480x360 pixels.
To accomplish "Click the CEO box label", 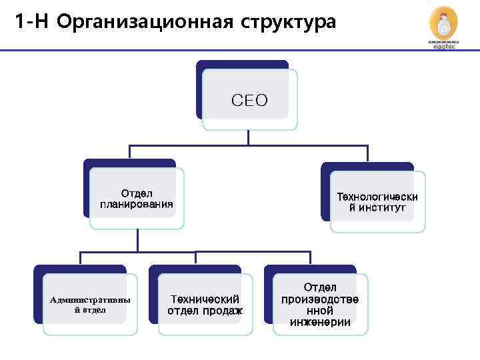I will (249, 101).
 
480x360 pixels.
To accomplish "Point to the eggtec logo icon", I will (443, 26).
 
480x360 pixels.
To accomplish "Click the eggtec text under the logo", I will (443, 47).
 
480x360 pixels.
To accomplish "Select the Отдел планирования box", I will (137, 199).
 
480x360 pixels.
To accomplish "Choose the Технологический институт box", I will (377, 202).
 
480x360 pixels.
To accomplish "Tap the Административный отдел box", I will (90, 304).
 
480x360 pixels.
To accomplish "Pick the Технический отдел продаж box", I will (205, 305).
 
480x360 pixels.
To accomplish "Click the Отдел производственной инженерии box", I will (320, 305).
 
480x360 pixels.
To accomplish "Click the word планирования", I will (137, 204).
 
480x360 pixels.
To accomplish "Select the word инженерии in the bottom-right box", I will (320, 323).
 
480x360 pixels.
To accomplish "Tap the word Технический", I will (205, 299).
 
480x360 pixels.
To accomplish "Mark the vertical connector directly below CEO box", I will (248, 137).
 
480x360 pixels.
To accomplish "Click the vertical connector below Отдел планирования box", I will (137, 240).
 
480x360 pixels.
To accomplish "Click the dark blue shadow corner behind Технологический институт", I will (325, 167).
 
